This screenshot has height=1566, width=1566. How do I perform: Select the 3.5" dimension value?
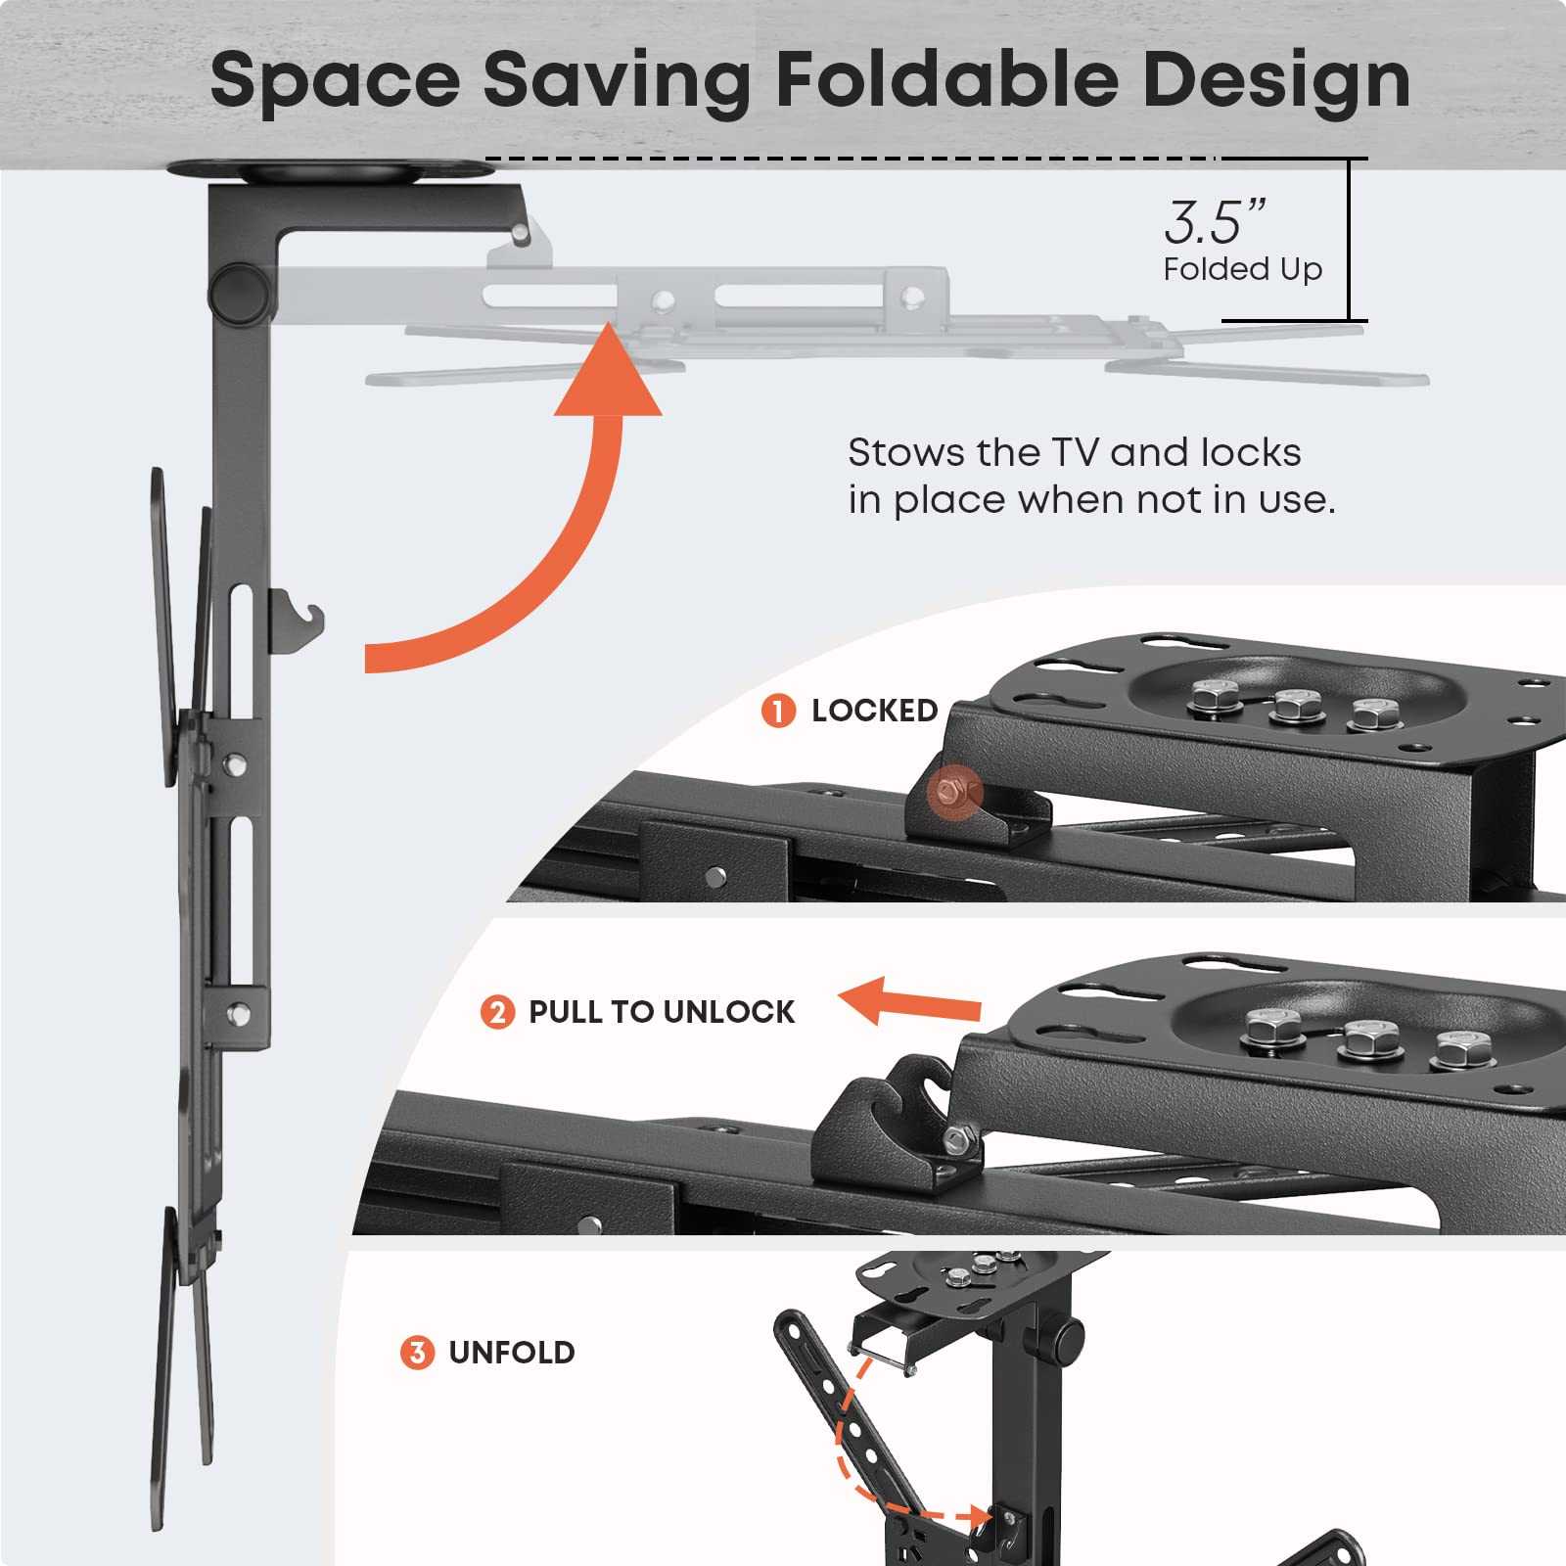tap(1214, 222)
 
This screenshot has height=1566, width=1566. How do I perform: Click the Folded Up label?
tap(1242, 268)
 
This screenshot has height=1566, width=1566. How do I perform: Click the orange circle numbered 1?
tap(778, 711)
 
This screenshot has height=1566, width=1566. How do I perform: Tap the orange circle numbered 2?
tap(497, 1011)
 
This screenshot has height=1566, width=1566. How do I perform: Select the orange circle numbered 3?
tap(417, 1353)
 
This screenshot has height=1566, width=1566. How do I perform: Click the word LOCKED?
tap(874, 711)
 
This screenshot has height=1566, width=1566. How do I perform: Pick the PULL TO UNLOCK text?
tap(662, 1011)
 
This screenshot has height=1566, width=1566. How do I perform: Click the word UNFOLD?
tap(511, 1353)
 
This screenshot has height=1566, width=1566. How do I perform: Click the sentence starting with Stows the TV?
tap(1090, 476)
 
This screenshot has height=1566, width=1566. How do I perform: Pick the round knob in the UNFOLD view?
tap(1066, 1333)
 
